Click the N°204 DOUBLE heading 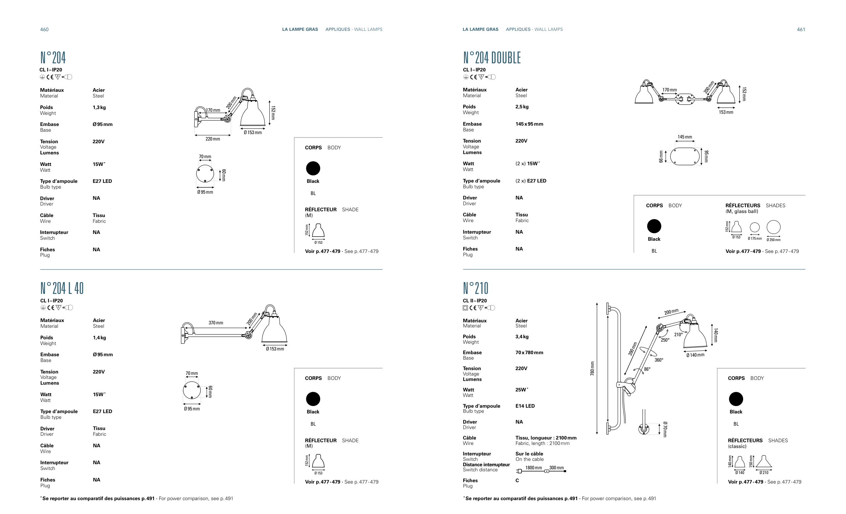coord(492,58)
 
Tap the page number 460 coord(44,29)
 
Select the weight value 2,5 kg coord(522,107)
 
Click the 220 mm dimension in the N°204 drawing coord(213,139)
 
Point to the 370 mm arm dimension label coord(216,323)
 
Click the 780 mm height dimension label coord(592,368)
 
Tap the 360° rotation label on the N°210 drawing coord(659,360)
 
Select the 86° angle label coord(647,369)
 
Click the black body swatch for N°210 coord(736,399)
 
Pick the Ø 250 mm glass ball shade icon coord(773,227)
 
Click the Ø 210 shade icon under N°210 coord(763,462)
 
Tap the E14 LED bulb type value coord(525,406)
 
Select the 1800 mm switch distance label coord(534,468)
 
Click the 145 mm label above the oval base coord(685,137)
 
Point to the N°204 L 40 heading coord(62,288)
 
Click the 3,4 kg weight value coord(522,337)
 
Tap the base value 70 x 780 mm coord(529,352)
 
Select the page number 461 coord(801,29)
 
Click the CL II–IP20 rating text coord(474,301)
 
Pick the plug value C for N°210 coord(517,480)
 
